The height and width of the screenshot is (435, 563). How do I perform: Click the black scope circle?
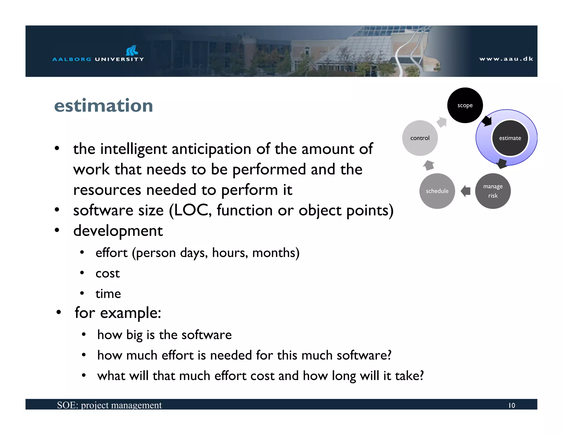click(x=465, y=105)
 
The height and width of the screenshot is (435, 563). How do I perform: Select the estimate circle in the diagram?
click(x=510, y=138)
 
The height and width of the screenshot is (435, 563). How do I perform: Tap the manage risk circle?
click(x=493, y=191)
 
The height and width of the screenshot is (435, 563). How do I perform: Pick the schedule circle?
click(x=437, y=191)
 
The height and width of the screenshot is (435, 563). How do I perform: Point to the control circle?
click(x=420, y=138)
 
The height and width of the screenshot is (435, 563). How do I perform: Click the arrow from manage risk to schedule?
click(x=465, y=191)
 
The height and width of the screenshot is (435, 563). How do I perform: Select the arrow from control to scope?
click(x=442, y=122)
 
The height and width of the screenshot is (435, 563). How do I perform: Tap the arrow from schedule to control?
click(x=429, y=165)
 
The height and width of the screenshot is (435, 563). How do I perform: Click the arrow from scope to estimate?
click(x=487, y=121)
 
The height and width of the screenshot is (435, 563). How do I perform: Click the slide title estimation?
click(x=103, y=106)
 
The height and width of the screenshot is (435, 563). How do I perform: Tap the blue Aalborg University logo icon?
click(x=132, y=50)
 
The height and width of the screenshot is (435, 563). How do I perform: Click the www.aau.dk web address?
click(x=506, y=59)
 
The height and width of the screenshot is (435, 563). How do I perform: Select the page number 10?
click(x=512, y=405)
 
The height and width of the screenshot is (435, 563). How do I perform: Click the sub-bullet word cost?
click(x=107, y=273)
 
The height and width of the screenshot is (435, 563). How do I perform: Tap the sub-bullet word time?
click(x=108, y=294)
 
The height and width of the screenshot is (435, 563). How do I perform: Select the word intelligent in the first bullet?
click(x=133, y=149)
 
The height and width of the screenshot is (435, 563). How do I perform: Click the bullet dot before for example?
click(x=58, y=312)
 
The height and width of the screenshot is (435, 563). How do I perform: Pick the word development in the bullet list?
click(x=118, y=231)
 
